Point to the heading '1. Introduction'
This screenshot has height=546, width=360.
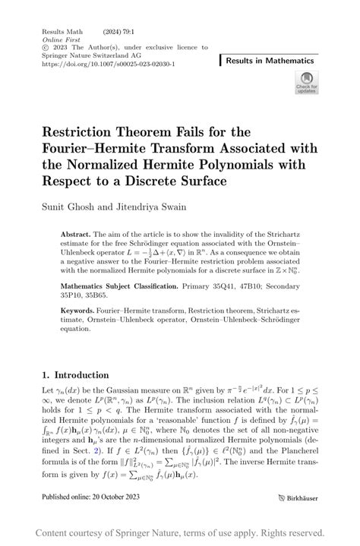pyautogui.click(x=75, y=374)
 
